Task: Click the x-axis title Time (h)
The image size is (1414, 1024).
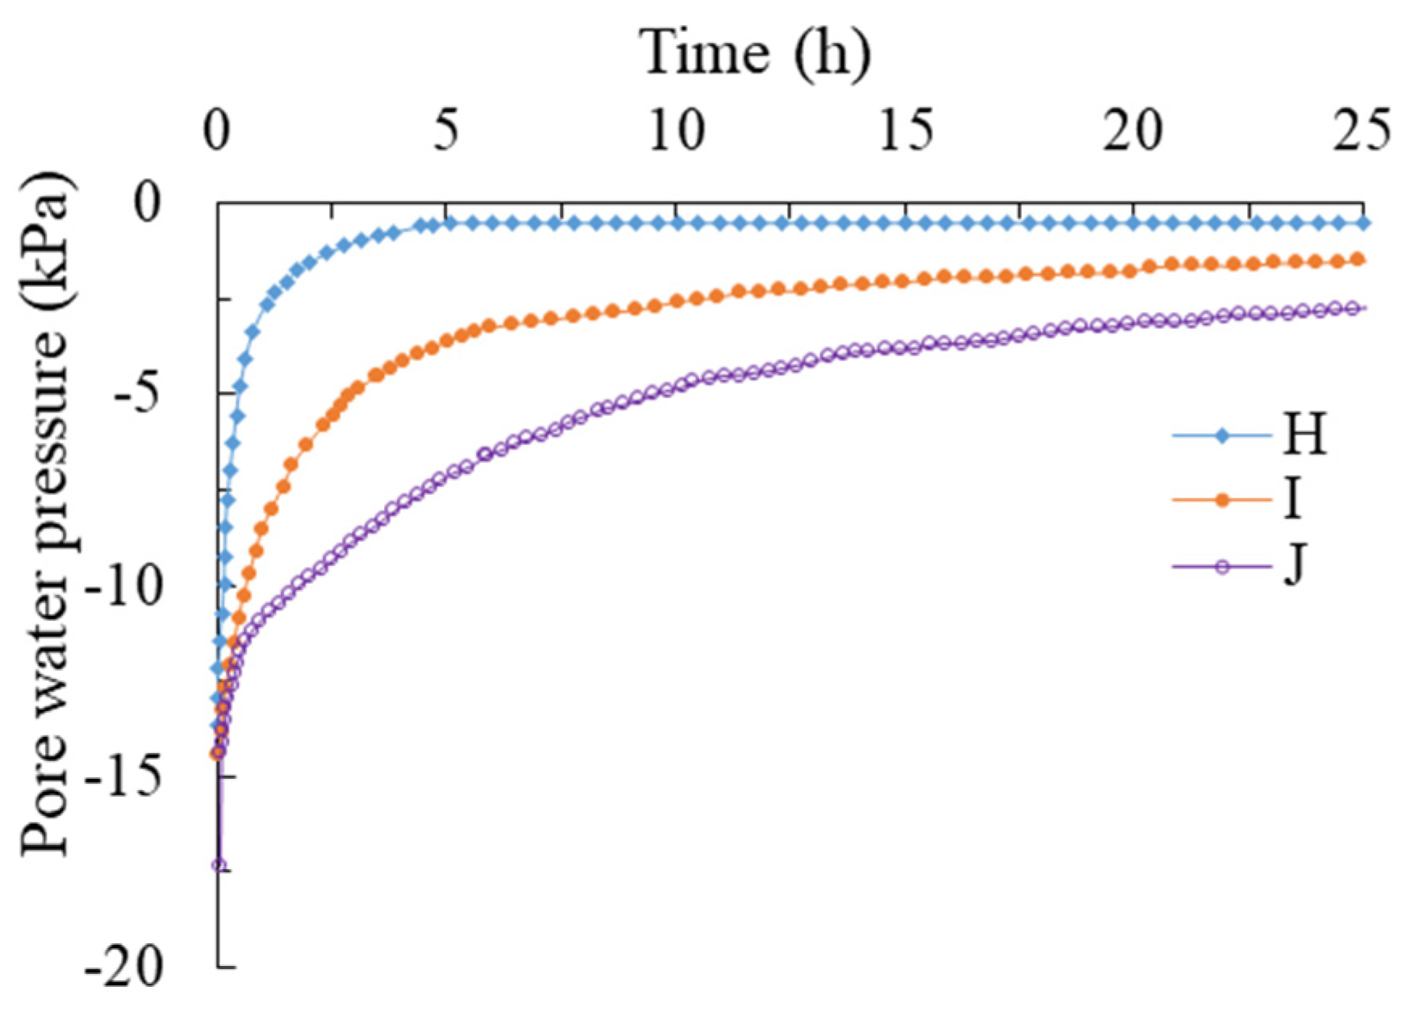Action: [756, 53]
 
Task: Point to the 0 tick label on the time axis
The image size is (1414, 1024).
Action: [216, 131]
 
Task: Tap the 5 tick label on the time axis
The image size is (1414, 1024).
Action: [446, 131]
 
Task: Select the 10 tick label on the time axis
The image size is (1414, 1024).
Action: [676, 131]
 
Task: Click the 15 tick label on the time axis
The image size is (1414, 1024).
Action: [906, 131]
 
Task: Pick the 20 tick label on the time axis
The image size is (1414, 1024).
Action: [1134, 131]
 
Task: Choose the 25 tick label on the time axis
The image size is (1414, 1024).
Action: [1362, 131]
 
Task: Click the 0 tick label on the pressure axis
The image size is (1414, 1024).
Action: [147, 203]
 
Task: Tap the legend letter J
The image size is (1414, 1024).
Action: [1294, 566]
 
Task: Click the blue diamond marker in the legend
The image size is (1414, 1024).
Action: [1222, 435]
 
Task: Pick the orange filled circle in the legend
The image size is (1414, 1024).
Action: [1222, 501]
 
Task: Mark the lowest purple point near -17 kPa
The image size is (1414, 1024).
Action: [219, 865]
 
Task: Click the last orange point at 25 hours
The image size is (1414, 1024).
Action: [1358, 259]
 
